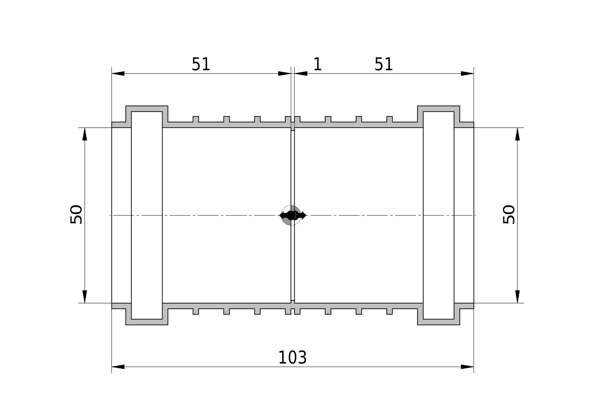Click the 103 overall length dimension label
tap(293, 358)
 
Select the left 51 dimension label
tap(201, 64)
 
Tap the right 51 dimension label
tap(384, 64)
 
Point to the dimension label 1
tap(317, 64)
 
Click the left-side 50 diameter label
tap(76, 214)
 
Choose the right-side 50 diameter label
tap(509, 214)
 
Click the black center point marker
tap(291, 215)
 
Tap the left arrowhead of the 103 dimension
tap(118, 367)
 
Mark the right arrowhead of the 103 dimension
tap(467, 367)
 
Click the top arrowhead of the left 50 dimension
tap(85, 134)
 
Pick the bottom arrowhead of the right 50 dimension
tap(517, 297)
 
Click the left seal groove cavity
tap(147, 215)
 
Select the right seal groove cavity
tap(439, 215)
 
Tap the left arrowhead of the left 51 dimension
tap(118, 73)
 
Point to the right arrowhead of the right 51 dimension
tap(467, 73)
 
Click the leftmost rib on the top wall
tap(196, 119)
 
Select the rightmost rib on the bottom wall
tap(389, 311)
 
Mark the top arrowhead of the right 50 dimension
tap(517, 134)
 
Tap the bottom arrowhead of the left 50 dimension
tap(85, 297)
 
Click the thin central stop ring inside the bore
tap(293, 215)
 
